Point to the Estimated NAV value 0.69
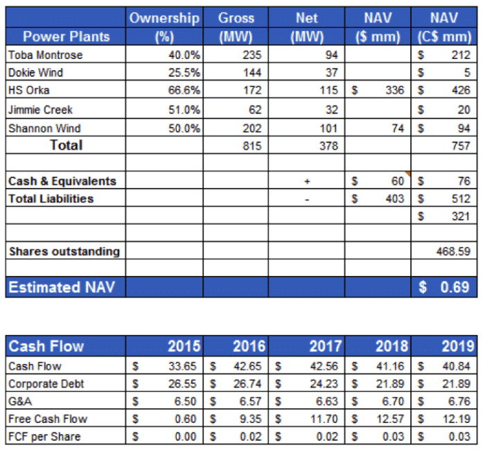tap(455, 287)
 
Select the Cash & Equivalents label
tap(62, 181)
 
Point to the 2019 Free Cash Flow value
tap(457, 419)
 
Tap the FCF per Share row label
tap(44, 437)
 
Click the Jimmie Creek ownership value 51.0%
tap(185, 110)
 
